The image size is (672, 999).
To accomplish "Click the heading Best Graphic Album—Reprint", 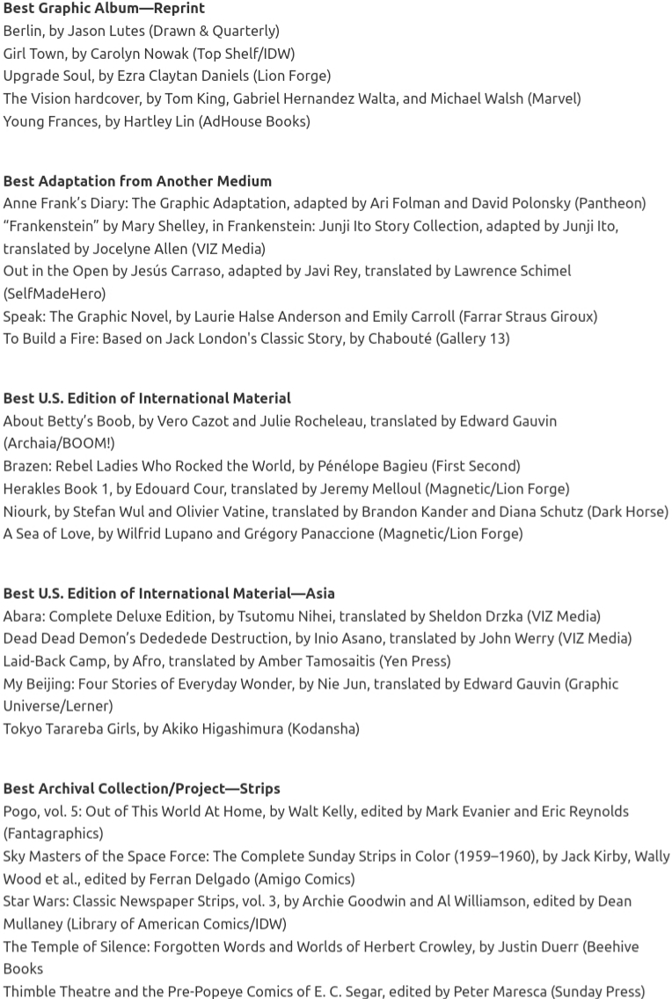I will point(104,8).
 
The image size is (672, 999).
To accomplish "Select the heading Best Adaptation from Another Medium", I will point(137,180).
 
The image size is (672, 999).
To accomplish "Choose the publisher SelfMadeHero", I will point(55,293).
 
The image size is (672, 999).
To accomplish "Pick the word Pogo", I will point(20,811).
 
